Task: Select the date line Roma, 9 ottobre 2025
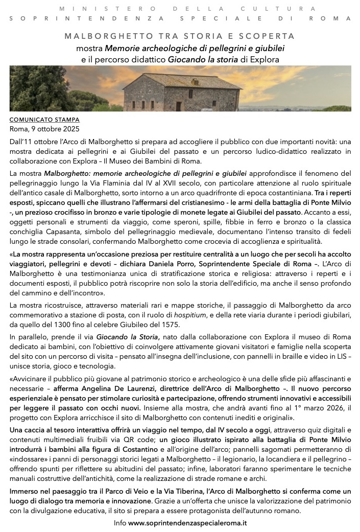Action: [45, 129]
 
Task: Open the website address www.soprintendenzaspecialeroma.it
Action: [187, 523]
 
